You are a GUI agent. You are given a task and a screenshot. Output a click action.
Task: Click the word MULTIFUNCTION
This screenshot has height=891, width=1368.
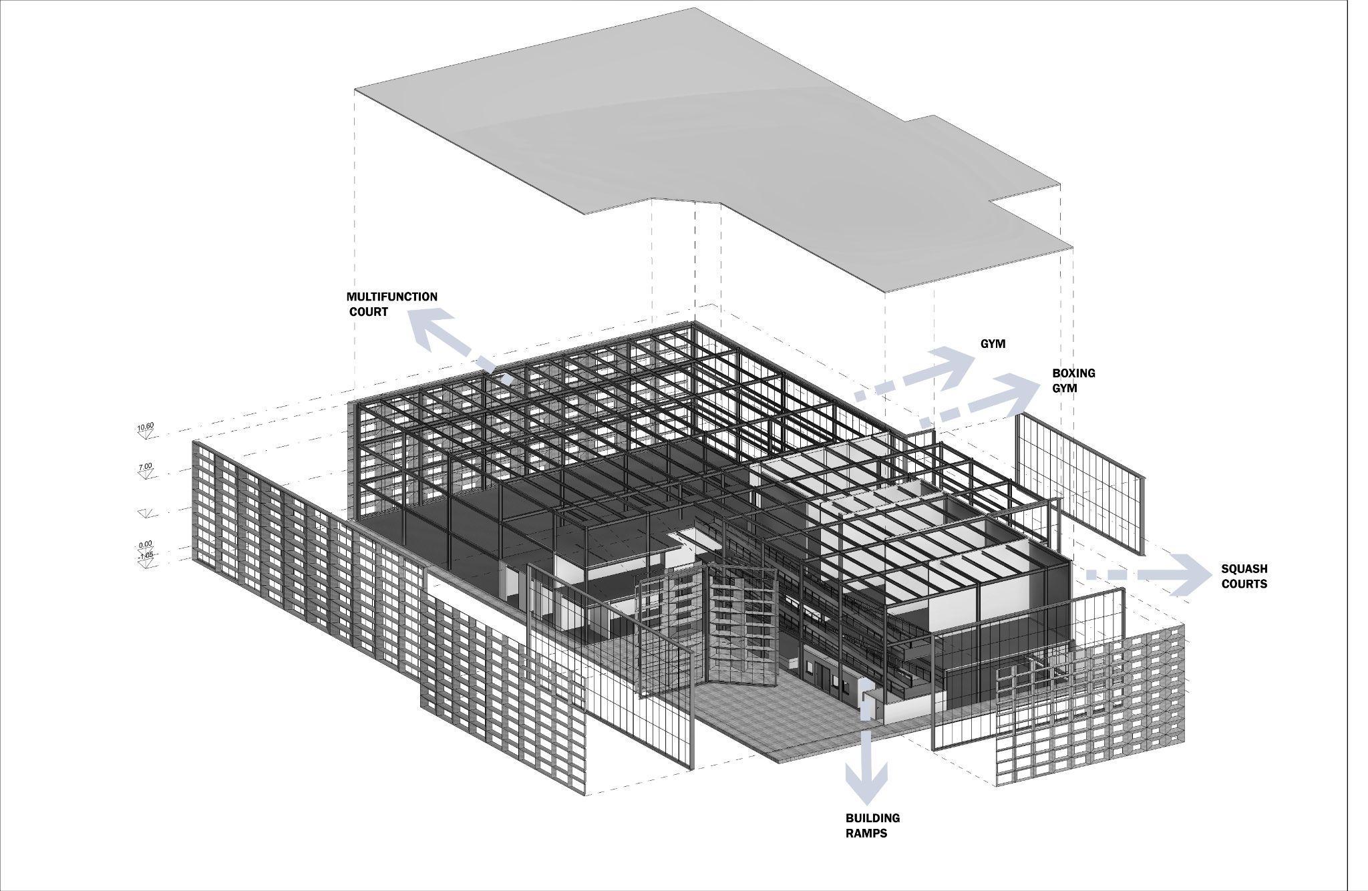click(391, 297)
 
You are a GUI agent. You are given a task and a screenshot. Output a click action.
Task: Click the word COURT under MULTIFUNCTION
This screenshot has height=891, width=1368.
click(369, 312)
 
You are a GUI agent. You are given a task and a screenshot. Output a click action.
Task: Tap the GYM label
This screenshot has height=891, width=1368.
click(993, 344)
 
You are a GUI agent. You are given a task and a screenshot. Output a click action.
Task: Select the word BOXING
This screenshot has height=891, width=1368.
click(1073, 373)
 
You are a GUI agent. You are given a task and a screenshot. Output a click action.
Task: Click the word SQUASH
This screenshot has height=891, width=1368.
click(1244, 569)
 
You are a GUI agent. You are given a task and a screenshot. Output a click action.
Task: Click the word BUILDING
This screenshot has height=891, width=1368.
click(872, 818)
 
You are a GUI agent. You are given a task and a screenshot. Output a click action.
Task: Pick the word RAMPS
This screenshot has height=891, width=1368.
click(866, 834)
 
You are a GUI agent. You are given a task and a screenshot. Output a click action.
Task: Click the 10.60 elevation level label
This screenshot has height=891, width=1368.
click(146, 427)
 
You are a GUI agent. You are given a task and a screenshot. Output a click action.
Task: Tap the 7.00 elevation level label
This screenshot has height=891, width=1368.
click(146, 466)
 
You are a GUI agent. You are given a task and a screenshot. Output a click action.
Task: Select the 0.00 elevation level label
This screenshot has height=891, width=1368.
click(146, 544)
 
